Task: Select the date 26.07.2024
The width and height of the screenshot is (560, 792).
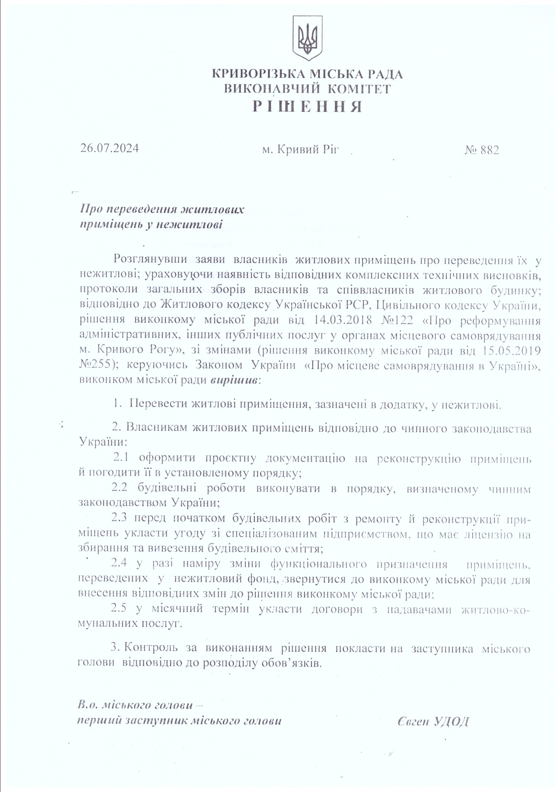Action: pos(110,148)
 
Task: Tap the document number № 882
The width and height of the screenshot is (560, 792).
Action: pos(482,150)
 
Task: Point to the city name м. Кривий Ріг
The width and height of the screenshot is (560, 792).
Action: pos(300,149)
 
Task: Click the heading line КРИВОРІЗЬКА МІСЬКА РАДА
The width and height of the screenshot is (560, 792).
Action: pos(307,74)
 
